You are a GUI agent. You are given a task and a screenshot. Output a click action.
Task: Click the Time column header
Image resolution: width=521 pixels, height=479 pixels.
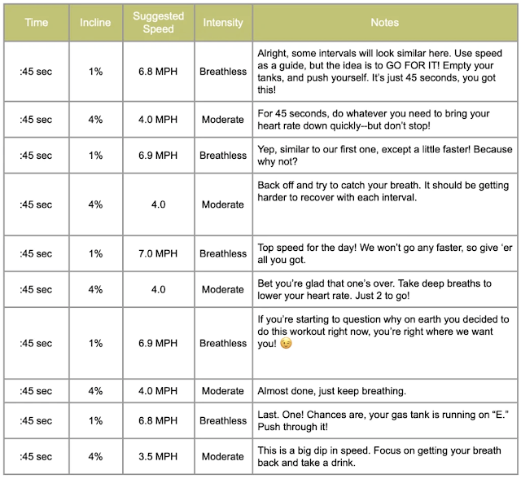click(36, 23)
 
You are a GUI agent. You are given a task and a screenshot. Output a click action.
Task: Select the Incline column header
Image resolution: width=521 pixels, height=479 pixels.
click(96, 23)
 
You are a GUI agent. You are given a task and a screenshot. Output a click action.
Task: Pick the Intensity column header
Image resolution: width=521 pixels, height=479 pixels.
click(222, 23)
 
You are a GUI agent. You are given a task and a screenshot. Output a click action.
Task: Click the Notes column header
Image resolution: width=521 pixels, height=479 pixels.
click(383, 23)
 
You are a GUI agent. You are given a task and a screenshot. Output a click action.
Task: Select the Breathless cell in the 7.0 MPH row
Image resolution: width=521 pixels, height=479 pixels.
click(222, 253)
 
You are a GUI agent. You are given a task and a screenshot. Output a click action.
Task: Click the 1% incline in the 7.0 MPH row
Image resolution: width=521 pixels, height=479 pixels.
click(96, 253)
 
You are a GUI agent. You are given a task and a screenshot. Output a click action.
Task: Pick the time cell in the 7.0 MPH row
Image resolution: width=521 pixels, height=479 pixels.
click(36, 253)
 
